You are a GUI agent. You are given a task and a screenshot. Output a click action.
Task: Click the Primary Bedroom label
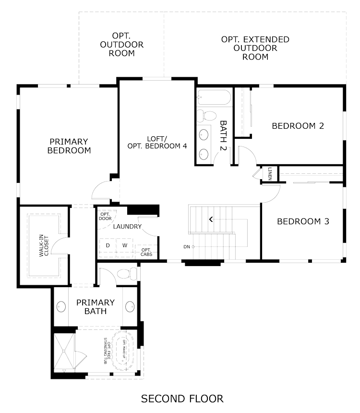(x=69, y=146)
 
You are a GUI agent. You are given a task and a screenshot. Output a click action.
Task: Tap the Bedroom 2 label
(x=298, y=126)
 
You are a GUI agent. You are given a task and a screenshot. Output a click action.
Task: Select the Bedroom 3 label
(x=303, y=221)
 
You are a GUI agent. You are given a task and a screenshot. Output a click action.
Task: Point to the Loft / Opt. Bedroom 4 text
(x=157, y=142)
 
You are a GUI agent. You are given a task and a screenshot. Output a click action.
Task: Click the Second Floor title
(x=182, y=399)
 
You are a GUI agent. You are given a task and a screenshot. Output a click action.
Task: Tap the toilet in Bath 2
(x=206, y=116)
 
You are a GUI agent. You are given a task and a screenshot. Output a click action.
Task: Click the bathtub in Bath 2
(x=214, y=97)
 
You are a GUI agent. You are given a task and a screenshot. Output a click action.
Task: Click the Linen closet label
(x=270, y=174)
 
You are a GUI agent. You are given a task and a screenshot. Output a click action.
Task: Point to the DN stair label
(x=187, y=247)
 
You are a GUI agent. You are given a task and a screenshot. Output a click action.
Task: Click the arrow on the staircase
(x=211, y=219)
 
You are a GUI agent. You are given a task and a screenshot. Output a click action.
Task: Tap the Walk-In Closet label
(x=44, y=246)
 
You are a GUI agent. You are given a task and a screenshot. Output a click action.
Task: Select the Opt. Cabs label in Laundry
(x=146, y=252)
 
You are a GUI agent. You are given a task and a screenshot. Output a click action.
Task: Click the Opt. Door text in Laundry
(x=105, y=216)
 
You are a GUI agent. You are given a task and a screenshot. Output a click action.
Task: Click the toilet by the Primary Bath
(x=127, y=274)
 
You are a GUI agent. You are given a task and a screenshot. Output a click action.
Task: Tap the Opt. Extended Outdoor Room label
(x=255, y=48)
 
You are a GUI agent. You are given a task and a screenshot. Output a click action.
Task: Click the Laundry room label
(x=128, y=226)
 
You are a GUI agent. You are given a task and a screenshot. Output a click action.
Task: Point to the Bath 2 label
(x=223, y=135)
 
